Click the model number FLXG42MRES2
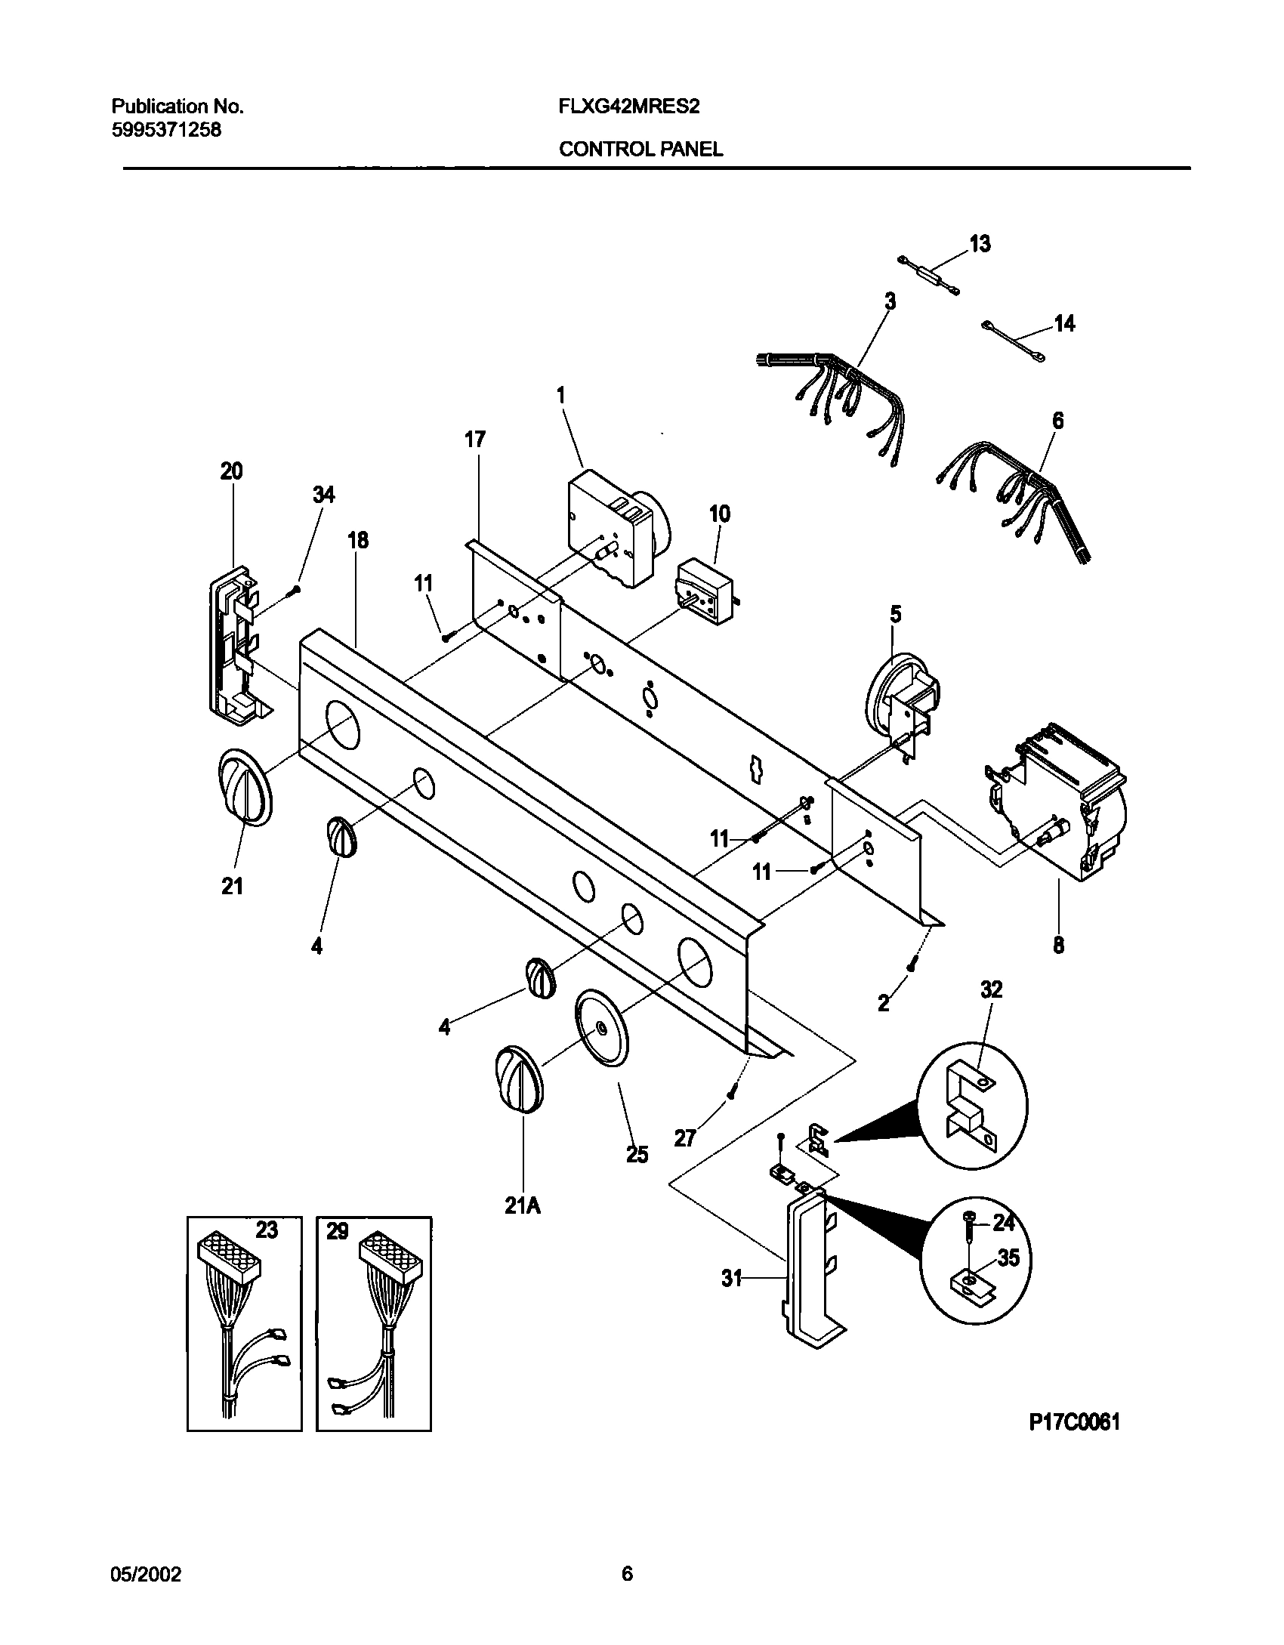[628, 106]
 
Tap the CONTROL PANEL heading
[640, 150]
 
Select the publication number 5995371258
[166, 130]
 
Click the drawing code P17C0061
[1073, 1423]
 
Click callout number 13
[980, 244]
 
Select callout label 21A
[523, 1206]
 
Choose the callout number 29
[337, 1231]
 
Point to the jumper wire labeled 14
[1013, 338]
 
